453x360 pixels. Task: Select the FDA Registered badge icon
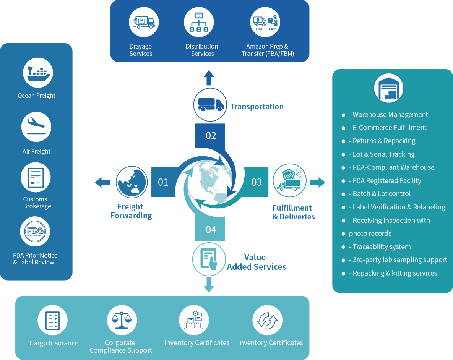tap(35, 232)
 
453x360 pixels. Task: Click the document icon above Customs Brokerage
tap(35, 178)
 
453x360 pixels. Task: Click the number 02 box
tap(211, 136)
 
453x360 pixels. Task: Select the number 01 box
tap(163, 182)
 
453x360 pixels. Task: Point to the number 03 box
tap(257, 182)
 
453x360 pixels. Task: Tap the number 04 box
tap(211, 229)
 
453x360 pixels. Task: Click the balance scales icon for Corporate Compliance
tap(122, 320)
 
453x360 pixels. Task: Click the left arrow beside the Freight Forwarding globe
tap(102, 182)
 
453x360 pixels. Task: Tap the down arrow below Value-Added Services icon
tap(209, 285)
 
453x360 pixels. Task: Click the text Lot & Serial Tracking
tap(382, 154)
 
